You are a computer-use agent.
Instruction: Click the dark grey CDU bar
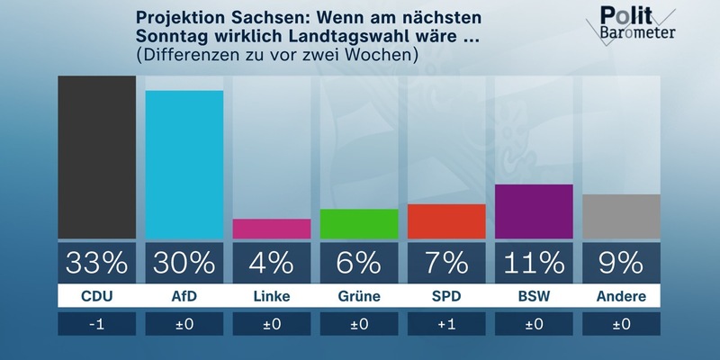tap(96, 157)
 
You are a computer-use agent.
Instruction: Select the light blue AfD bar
tap(184, 165)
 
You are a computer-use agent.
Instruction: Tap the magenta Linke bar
tap(272, 229)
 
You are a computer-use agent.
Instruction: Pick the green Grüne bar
tap(359, 224)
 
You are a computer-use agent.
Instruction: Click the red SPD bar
tap(446, 221)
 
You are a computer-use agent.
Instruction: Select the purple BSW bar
tap(534, 211)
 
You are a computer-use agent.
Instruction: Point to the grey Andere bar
tap(621, 216)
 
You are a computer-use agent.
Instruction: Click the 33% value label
tap(96, 262)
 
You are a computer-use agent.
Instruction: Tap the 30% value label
tap(184, 262)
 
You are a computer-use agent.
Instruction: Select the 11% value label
tap(534, 262)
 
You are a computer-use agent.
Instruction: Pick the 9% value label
tap(621, 262)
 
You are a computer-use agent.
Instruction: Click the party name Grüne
tap(359, 295)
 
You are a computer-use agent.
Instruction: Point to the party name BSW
tap(534, 295)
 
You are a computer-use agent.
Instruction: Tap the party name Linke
tap(272, 295)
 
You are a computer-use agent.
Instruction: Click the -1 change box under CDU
tap(96, 324)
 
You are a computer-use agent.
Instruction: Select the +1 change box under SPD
tap(446, 324)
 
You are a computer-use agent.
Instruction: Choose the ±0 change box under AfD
tap(184, 324)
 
